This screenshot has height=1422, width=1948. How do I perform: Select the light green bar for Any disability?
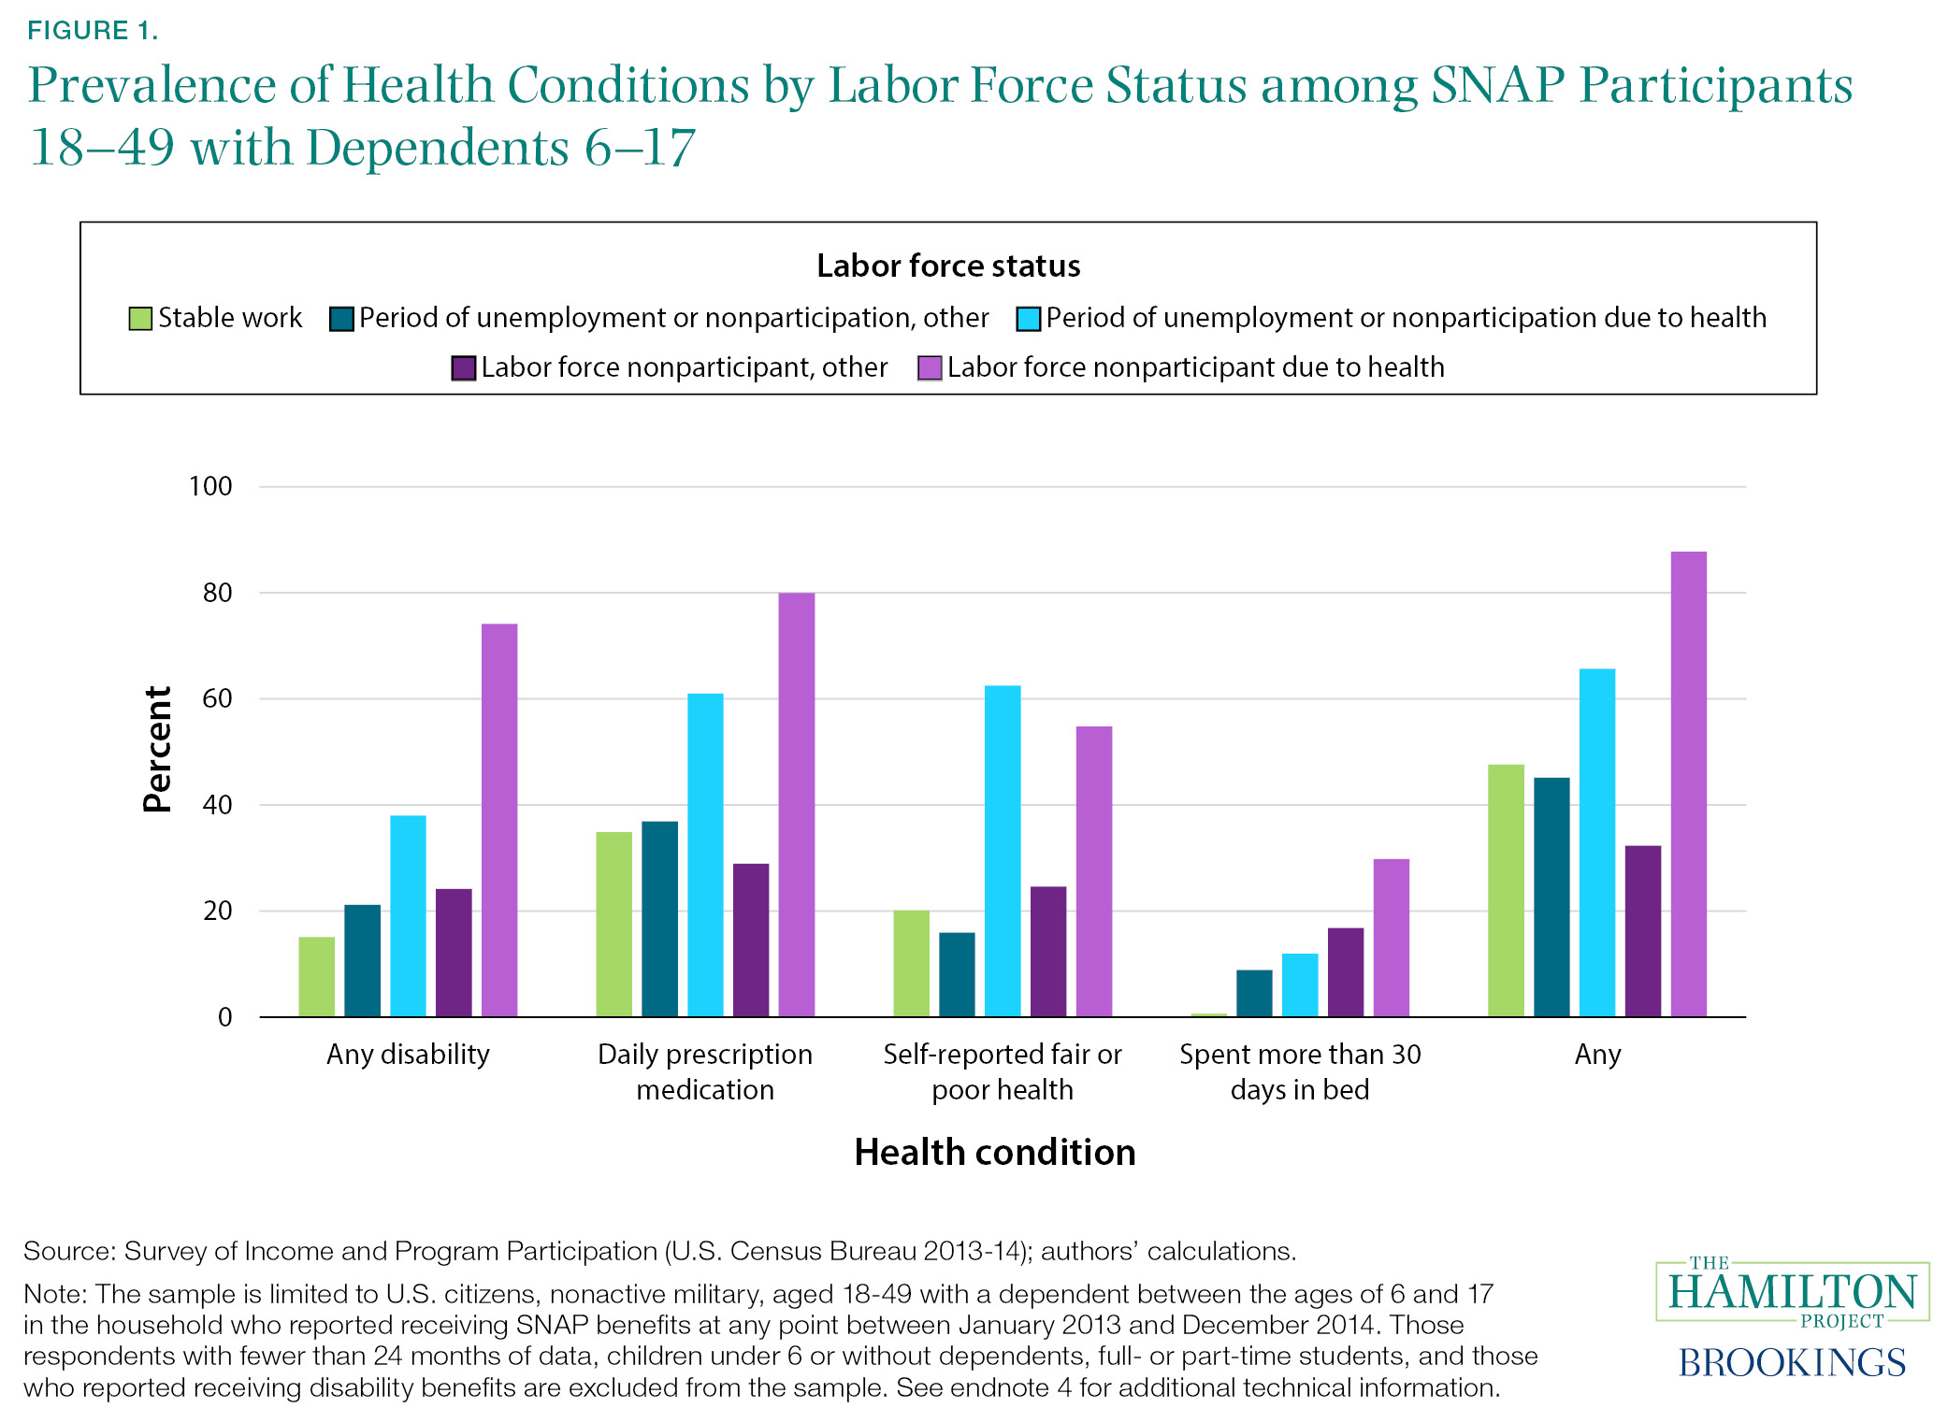click(x=316, y=976)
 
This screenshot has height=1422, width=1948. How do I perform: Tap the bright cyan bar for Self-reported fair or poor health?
click(x=1003, y=851)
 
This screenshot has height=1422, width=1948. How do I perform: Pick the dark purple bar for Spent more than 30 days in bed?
click(x=1345, y=971)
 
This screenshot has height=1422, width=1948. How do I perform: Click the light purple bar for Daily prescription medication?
click(x=796, y=804)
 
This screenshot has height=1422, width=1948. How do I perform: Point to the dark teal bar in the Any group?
click(x=1551, y=897)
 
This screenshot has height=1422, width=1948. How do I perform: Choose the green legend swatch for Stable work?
click(x=140, y=319)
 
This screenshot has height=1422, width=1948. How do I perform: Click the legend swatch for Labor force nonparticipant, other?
click(x=464, y=368)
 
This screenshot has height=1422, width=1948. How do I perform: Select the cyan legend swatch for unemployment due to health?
click(x=1029, y=319)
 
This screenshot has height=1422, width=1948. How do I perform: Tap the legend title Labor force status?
click(x=948, y=266)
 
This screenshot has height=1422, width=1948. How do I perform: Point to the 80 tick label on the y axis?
click(x=217, y=593)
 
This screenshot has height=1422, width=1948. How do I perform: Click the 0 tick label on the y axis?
click(x=224, y=1017)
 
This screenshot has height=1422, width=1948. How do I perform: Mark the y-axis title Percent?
click(x=157, y=749)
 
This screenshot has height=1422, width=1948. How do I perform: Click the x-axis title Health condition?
click(x=994, y=1152)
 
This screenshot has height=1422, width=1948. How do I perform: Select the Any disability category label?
click(x=408, y=1055)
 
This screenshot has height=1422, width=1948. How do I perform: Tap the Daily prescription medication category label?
click(x=705, y=1071)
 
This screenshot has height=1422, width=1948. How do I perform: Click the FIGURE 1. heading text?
click(x=93, y=31)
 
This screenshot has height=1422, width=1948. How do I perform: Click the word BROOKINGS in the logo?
click(x=1791, y=1362)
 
